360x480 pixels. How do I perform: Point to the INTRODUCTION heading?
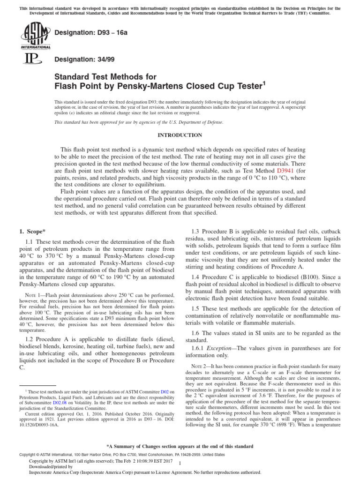(180, 135)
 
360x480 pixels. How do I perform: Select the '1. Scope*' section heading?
(32, 232)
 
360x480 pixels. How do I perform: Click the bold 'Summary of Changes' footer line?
(180, 446)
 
